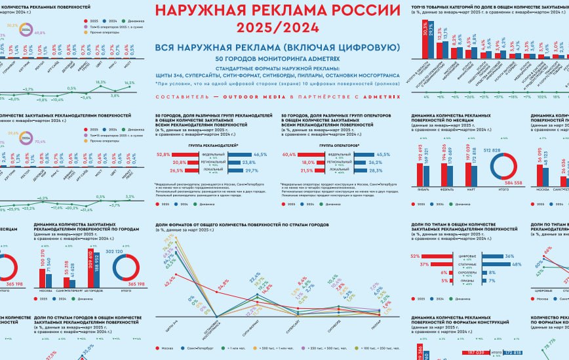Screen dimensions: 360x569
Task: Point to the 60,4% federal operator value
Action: point(288,154)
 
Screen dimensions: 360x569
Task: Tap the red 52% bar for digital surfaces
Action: point(435,256)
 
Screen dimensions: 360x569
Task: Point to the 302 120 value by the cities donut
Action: point(129,250)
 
